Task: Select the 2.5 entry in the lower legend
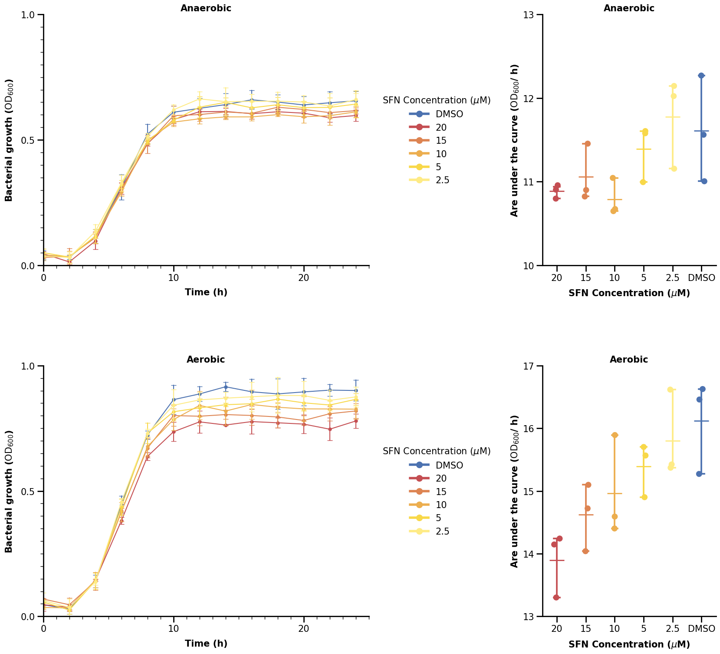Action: (442, 532)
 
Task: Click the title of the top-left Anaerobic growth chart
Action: (206, 8)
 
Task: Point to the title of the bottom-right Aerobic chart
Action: (628, 360)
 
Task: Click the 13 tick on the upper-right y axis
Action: (532, 15)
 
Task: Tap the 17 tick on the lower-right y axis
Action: (532, 366)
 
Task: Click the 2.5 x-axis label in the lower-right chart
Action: (672, 628)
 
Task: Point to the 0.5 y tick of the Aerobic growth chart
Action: (32, 492)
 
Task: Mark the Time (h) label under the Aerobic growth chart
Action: (206, 644)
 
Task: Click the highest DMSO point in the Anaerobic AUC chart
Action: (701, 76)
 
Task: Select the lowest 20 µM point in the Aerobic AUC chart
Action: (556, 598)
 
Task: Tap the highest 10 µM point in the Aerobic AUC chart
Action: (615, 435)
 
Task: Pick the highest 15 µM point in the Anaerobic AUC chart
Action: (588, 144)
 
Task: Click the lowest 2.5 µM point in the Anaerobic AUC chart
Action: (674, 169)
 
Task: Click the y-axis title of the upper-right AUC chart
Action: (515, 140)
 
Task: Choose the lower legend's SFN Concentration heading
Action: (437, 451)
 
